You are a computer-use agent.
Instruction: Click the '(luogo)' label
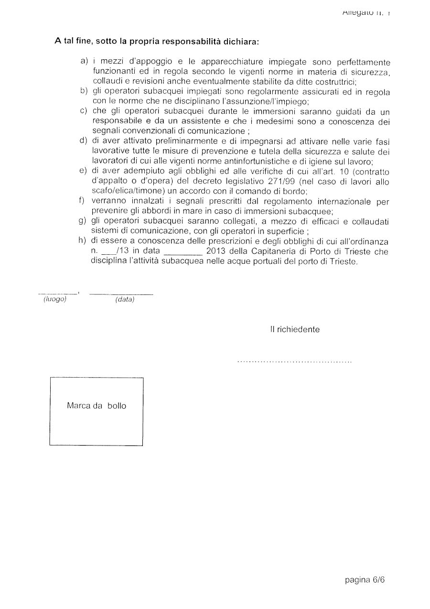pos(54,299)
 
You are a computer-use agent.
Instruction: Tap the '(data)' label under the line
pos(125,300)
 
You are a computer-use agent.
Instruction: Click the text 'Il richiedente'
pos(295,329)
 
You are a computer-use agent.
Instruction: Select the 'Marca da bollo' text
pos(97,406)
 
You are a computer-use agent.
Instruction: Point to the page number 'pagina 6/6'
pos(365,580)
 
